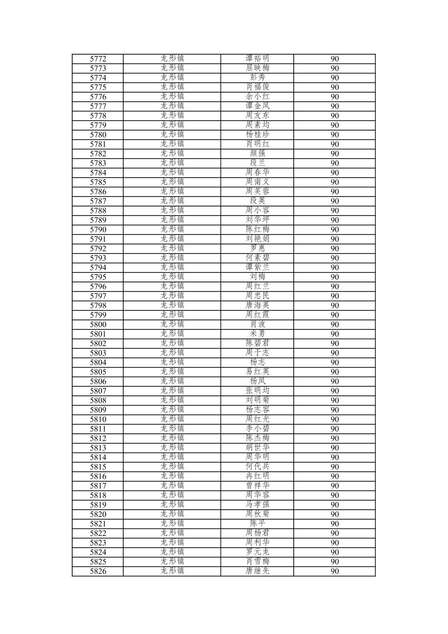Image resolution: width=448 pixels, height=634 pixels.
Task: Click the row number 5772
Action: [98, 59]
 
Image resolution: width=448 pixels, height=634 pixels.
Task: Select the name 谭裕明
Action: [257, 58]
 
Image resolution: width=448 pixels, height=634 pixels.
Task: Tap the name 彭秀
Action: [257, 78]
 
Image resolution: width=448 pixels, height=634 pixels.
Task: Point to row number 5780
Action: [98, 135]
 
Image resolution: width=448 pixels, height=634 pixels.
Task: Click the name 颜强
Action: [257, 153]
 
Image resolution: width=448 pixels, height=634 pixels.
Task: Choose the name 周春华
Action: [257, 172]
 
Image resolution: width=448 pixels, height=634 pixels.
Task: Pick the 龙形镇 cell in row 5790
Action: [172, 229]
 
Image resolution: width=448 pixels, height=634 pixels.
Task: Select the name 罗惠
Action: [257, 249]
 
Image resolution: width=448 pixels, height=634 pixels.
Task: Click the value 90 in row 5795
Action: [335, 277]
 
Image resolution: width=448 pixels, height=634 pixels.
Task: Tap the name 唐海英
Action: [257, 305]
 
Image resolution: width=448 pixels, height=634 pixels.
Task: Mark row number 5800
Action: [98, 325]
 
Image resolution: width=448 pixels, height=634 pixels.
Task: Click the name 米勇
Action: [257, 334]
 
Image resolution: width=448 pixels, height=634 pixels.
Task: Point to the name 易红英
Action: [257, 372]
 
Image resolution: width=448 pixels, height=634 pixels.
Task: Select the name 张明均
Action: [257, 391]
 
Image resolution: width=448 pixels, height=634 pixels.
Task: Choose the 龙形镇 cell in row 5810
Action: [172, 419]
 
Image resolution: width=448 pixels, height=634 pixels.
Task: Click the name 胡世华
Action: [257, 448]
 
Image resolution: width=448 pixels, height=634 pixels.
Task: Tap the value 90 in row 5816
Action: [335, 476]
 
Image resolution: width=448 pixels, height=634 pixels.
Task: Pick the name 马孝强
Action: [257, 505]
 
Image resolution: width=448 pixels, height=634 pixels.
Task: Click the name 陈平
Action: [257, 523]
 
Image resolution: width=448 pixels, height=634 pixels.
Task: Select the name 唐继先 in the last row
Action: [257, 571]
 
